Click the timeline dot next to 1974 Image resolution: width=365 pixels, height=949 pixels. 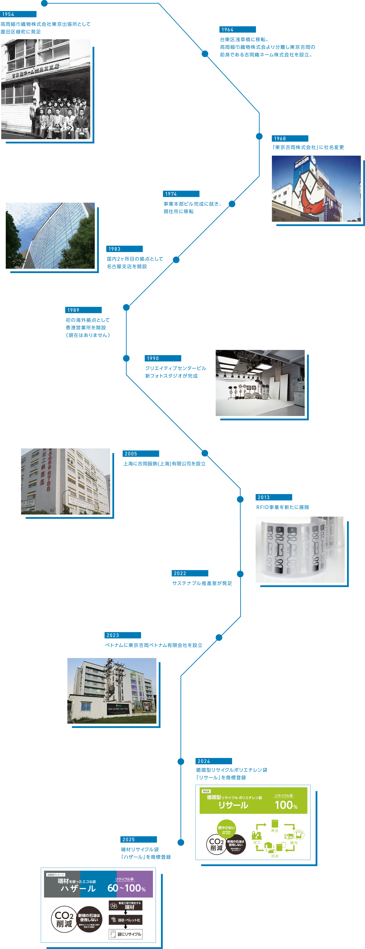232,204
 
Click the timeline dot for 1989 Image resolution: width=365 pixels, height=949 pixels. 126,307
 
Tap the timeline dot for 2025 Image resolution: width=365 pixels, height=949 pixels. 181,842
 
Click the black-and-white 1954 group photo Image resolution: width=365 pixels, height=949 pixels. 46,89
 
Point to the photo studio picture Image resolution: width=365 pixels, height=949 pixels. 260,383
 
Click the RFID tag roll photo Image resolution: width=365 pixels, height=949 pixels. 300,549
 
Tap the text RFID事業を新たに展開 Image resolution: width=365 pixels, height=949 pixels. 282,507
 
